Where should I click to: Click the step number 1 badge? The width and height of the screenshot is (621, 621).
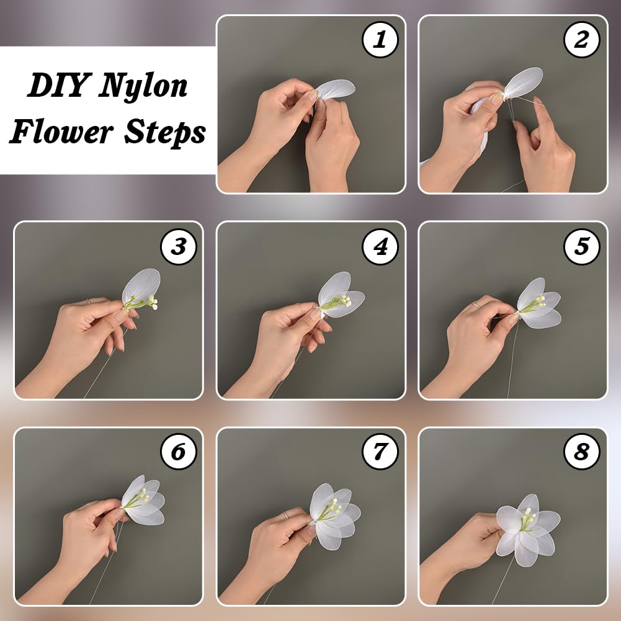coord(380,40)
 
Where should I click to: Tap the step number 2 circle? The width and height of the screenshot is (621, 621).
coord(582,40)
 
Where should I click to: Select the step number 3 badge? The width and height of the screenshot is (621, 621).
coord(178,246)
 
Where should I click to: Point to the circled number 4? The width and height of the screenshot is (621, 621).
coord(380,246)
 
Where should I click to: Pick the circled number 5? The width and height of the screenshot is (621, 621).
coord(582,246)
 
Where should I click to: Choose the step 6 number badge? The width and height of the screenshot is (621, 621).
coord(178,452)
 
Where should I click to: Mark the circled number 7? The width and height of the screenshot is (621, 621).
coord(380,452)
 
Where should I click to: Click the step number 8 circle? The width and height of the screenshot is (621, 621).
coord(582,452)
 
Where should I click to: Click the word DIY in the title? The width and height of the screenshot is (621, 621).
coord(58,85)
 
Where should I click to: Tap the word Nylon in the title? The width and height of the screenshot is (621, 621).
coord(143,86)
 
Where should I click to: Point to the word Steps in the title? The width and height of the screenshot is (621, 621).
coord(165,132)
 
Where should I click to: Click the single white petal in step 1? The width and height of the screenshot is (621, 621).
coord(335,91)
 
